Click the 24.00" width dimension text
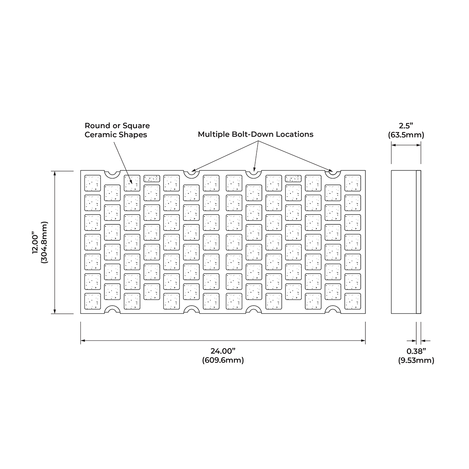tap(223, 351)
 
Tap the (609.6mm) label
tap(223, 360)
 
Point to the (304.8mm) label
tap(45, 242)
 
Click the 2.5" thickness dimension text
tap(406, 125)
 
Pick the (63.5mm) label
tap(406, 134)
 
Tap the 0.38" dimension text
tap(416, 351)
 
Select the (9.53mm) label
tap(416, 360)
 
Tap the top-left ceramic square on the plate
tap(93, 183)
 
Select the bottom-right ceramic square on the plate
tap(353, 301)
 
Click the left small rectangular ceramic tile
tap(152, 179)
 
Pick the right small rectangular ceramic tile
tap(293, 179)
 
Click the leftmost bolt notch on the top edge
tap(113, 174)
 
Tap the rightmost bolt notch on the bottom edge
tap(333, 310)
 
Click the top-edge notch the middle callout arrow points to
tap(254, 174)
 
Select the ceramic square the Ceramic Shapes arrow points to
tap(132, 183)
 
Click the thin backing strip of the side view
tap(418, 242)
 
